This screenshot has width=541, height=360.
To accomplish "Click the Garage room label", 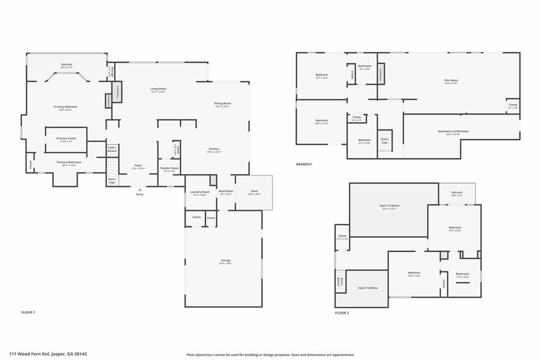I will pyautogui.click(x=226, y=261).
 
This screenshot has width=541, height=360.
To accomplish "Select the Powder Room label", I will pyautogui.click(x=170, y=169).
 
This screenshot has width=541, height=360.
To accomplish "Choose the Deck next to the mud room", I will pyautogui.click(x=254, y=192).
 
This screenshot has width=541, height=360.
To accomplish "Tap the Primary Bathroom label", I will pyautogui.click(x=69, y=163).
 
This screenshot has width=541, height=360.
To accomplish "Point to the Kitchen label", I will pyautogui.click(x=213, y=150).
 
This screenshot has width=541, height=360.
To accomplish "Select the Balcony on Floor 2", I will pyautogui.click(x=457, y=193).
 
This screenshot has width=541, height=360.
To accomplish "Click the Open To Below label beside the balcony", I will pyautogui.click(x=389, y=206).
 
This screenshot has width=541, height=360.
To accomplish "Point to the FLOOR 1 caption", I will pyautogui.click(x=28, y=312).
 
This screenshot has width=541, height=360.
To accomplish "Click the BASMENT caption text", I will pyautogui.click(x=304, y=164).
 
